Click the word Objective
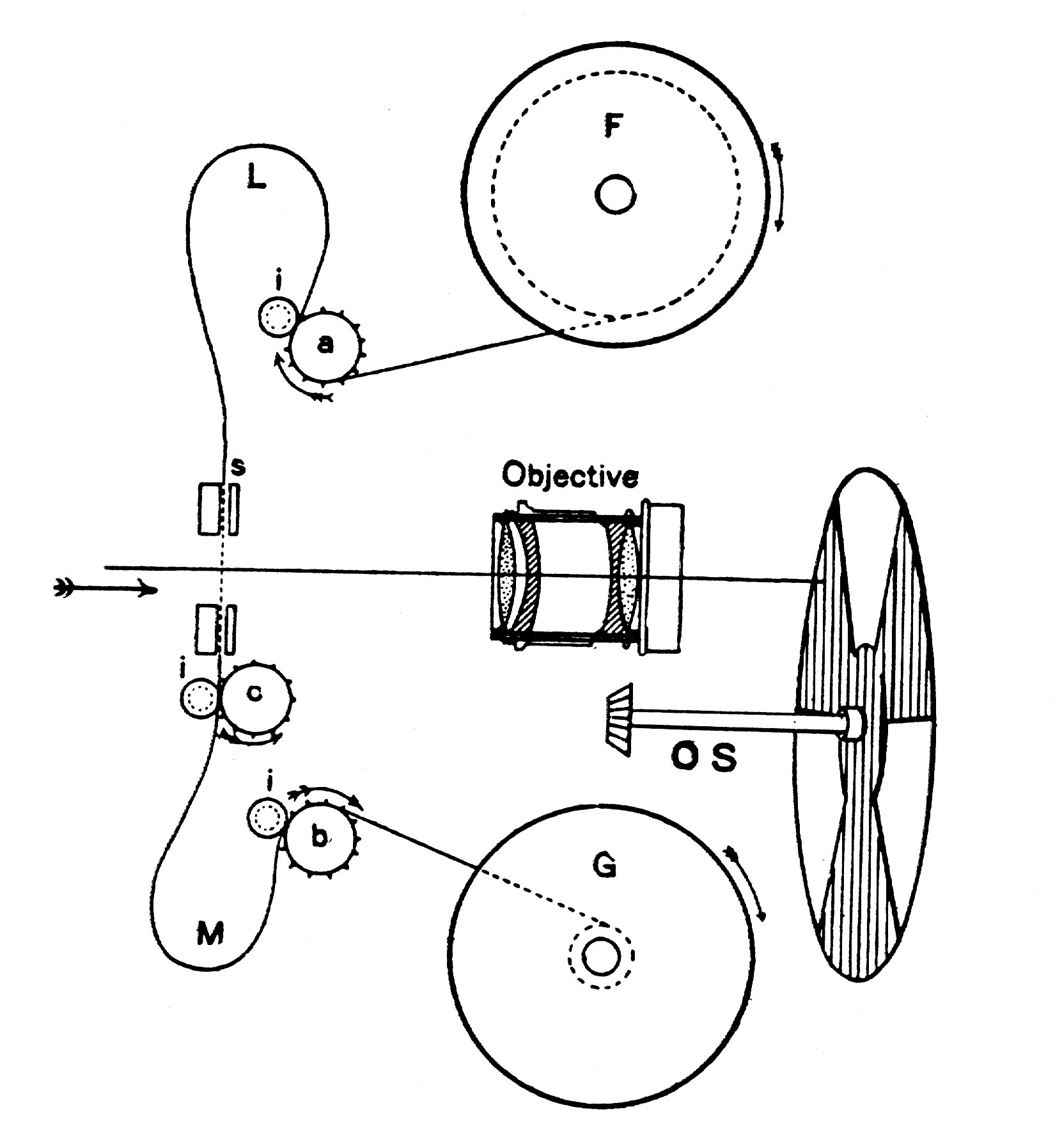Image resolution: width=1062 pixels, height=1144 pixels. (x=570, y=477)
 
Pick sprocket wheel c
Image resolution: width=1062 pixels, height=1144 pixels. (x=256, y=694)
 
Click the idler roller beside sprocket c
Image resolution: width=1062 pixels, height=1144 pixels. (x=200, y=697)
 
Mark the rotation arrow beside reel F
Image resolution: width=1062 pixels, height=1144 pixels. (x=778, y=186)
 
